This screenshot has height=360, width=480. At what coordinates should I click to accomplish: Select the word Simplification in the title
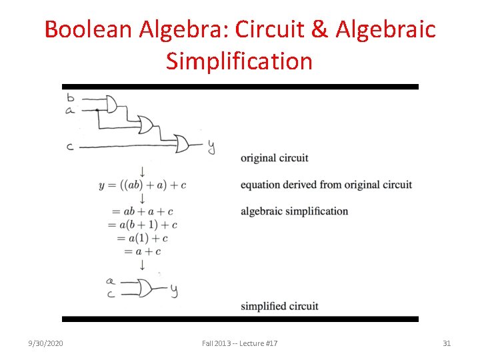tap(239, 61)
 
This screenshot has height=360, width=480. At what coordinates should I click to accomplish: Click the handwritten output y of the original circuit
tap(211, 146)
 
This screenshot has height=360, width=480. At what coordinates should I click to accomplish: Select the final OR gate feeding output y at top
tap(182, 143)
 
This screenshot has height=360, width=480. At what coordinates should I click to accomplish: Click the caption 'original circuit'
tap(274, 158)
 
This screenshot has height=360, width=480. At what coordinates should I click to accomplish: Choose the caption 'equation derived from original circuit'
tap(326, 185)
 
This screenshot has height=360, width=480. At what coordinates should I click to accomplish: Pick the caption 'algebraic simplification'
tap(294, 211)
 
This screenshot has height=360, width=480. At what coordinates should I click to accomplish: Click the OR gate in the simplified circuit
tap(143, 288)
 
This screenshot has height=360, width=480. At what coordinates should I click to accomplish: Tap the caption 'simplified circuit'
tap(279, 306)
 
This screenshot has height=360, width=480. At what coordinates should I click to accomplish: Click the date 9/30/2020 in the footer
tap(45, 343)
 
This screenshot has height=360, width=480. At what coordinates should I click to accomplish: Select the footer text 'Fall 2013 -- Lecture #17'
tap(240, 343)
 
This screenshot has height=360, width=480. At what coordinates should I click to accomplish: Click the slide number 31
tap(447, 343)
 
